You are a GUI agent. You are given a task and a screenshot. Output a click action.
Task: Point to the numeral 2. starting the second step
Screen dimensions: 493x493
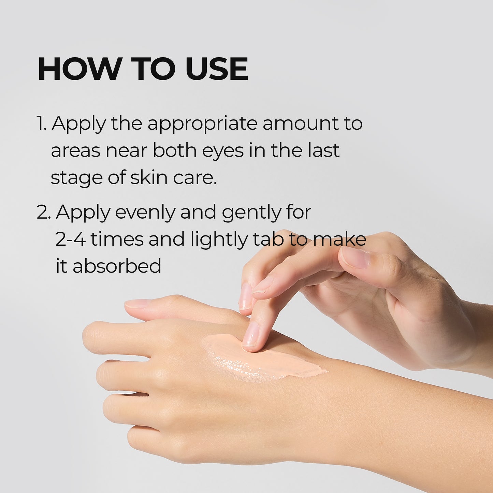pos(43,212)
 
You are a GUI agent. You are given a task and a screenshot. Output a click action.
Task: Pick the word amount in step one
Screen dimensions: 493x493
pos(300,123)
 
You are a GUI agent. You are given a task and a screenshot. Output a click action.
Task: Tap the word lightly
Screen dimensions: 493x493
pos(219,240)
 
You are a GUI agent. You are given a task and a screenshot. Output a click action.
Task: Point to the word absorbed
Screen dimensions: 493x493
pos(117,266)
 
